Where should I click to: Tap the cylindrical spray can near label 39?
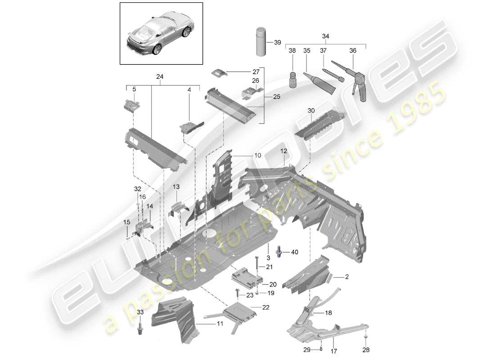(261, 42)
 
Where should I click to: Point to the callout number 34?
(326, 36)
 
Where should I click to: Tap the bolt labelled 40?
(281, 252)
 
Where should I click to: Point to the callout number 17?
(334, 349)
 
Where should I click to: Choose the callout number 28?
(365, 349)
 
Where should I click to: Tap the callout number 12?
(284, 151)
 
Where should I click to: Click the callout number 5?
(133, 90)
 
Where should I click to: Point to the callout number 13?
(176, 187)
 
